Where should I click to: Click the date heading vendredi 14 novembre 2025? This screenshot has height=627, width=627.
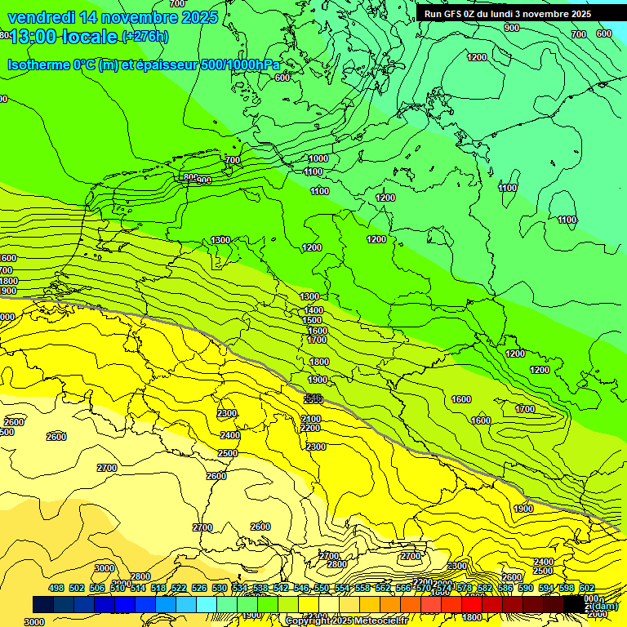click(113, 17)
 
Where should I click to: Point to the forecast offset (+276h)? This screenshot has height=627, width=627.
click(145, 36)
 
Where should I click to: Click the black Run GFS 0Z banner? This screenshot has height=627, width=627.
click(508, 14)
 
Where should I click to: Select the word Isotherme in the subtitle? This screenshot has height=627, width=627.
click(38, 64)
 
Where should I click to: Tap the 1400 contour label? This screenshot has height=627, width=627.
click(313, 311)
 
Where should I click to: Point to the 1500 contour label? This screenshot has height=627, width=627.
click(312, 321)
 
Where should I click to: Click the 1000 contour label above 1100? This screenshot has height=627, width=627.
click(318, 158)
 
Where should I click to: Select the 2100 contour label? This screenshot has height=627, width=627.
click(310, 419)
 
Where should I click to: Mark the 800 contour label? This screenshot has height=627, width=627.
click(190, 177)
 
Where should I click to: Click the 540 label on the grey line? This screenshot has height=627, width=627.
click(312, 398)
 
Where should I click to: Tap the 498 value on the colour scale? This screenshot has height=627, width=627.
click(56, 588)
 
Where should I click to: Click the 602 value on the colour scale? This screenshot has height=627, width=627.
click(587, 588)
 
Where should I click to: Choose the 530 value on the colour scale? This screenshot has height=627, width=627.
click(220, 588)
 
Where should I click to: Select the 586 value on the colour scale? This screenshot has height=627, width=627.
click(505, 588)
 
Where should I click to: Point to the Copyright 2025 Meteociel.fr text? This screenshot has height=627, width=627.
click(345, 620)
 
